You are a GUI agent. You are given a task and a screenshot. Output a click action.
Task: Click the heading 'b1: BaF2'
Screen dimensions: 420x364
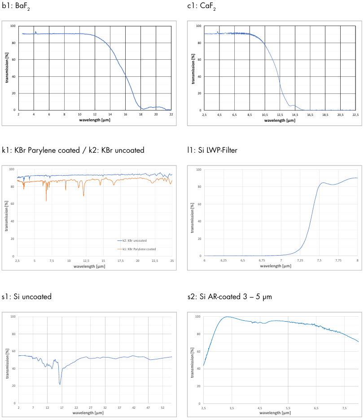coord(15,7)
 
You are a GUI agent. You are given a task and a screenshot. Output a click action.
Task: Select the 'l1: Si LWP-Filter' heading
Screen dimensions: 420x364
coord(212,150)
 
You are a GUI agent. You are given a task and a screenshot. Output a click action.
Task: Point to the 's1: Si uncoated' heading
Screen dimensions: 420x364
coord(26,296)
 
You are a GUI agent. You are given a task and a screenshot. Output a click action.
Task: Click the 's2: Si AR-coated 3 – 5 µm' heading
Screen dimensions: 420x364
coord(230,296)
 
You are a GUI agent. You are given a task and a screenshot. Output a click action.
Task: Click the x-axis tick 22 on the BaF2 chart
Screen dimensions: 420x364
coord(171,115)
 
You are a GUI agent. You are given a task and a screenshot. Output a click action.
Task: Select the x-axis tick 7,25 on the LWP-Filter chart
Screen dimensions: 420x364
coord(300,261)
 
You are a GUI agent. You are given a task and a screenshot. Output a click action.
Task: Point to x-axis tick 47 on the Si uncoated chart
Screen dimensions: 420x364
coord(148,407)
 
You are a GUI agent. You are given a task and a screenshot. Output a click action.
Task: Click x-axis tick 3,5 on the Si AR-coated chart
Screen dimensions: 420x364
coord(232,408)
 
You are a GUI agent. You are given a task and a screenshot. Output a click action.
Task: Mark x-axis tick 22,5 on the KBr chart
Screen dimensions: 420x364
coord(154,261)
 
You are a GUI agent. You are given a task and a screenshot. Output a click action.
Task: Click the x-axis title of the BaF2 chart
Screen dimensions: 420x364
coord(95,120)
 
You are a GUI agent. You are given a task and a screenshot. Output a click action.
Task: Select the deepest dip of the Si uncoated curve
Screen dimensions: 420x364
coord(60,384)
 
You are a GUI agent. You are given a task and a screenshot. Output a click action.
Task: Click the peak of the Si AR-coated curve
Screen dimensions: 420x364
coord(227,317)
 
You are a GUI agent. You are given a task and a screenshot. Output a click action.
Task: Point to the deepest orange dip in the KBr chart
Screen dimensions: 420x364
coord(46,201)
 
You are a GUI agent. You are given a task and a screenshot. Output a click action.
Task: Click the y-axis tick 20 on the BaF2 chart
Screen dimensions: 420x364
coord(14,93)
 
